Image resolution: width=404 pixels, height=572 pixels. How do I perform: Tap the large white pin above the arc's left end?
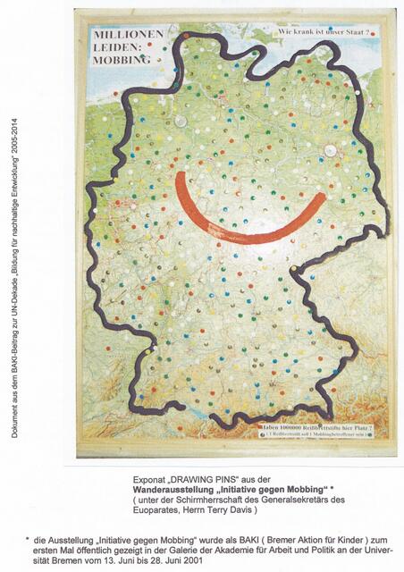coord(181,121)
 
